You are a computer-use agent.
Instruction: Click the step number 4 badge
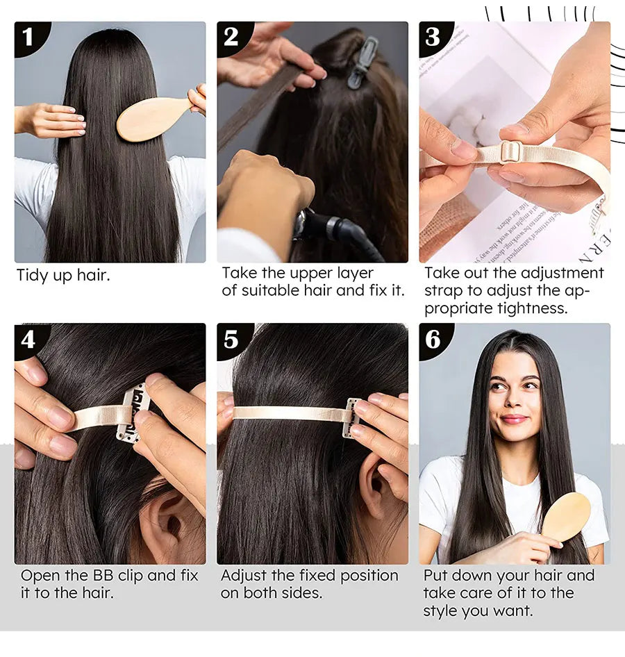point(28,340)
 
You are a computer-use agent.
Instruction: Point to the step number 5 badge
point(231,340)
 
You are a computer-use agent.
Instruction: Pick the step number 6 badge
point(433,340)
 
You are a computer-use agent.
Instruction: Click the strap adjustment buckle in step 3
point(510,152)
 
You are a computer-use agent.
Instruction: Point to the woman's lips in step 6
point(513,419)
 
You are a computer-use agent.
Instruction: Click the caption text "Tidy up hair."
point(63,276)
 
